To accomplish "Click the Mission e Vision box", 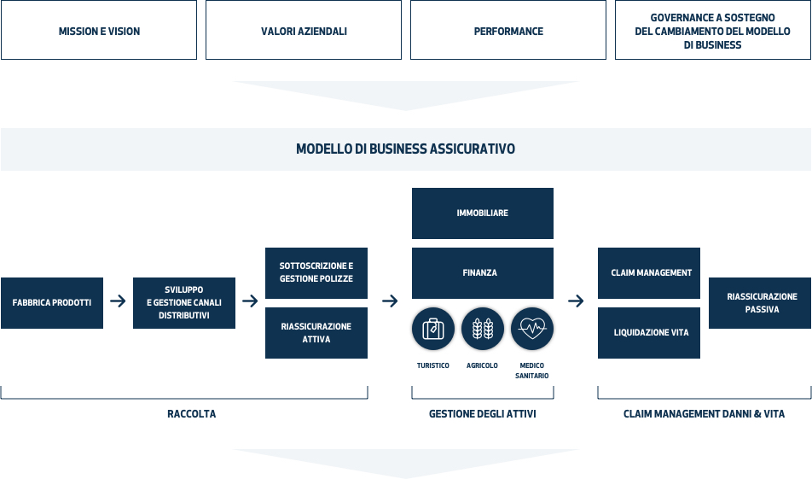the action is tap(99, 30).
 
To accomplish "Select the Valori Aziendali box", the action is tap(304, 30).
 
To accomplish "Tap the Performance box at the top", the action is tap(508, 30).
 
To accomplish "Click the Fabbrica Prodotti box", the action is tap(52, 303).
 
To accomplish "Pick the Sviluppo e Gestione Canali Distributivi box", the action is tap(184, 303).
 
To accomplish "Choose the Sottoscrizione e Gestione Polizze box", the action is tap(316, 272).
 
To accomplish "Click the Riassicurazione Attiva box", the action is tap(316, 333).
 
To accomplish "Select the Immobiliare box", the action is tap(483, 213).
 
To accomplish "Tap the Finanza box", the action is tap(483, 272).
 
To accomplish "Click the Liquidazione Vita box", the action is tap(649, 333).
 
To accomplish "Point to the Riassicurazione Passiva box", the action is tap(760, 303).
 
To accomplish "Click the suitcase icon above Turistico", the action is tap(433, 329).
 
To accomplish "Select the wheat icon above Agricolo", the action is tap(482, 329).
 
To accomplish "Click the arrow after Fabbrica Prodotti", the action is tap(118, 301).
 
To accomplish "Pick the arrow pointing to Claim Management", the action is tap(576, 301).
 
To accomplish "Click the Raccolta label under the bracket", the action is tap(192, 413).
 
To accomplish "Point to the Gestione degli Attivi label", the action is tap(482, 413).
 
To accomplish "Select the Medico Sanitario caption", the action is tap(532, 371).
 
